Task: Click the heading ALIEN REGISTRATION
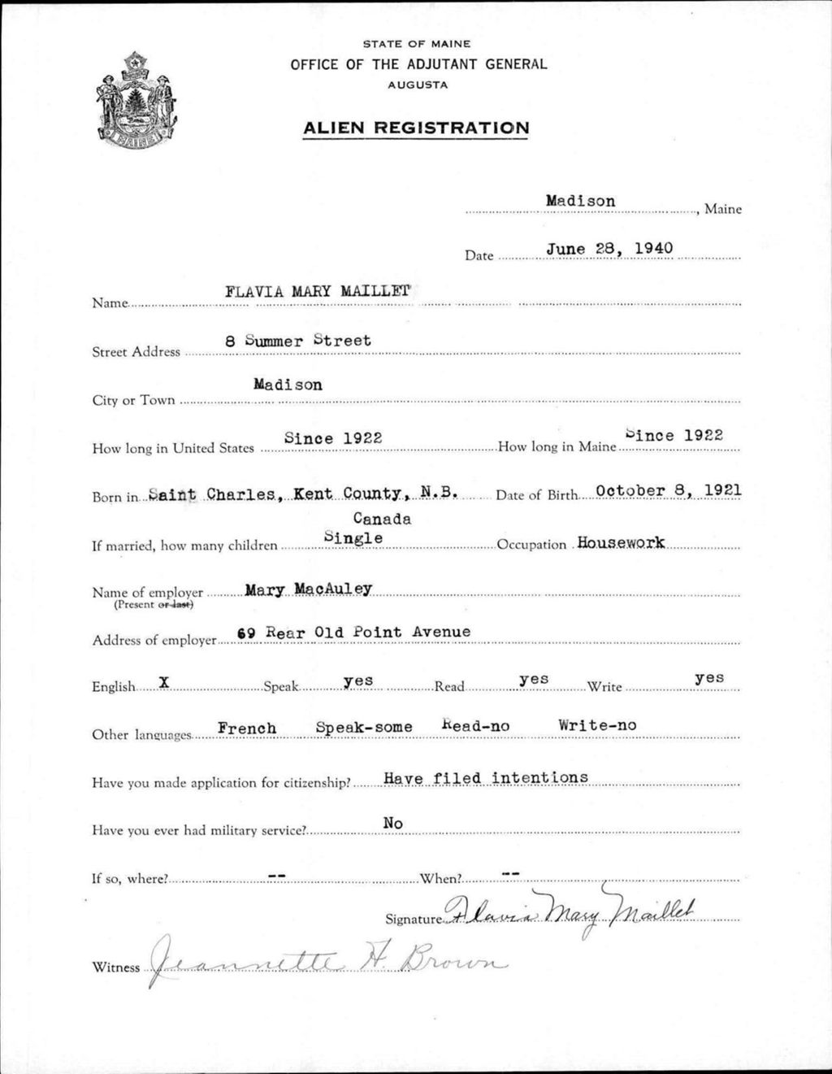click(415, 128)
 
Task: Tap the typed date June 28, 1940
click(609, 247)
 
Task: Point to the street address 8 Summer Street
click(298, 341)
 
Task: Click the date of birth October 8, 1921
click(668, 491)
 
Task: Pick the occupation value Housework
click(621, 542)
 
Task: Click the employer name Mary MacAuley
click(308, 589)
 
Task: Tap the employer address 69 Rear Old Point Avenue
click(353, 632)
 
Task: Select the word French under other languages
click(247, 728)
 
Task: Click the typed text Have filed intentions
click(485, 778)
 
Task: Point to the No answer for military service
click(393, 824)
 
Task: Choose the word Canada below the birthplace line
click(382, 519)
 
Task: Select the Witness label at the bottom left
click(115, 967)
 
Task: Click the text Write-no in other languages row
click(597, 725)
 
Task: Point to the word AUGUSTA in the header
click(417, 85)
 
